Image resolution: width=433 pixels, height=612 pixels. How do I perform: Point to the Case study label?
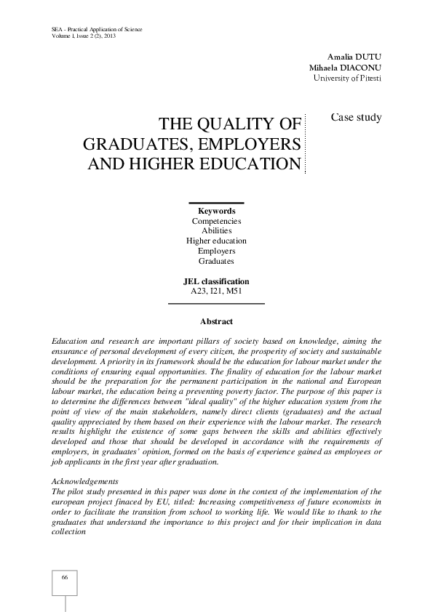(x=356, y=117)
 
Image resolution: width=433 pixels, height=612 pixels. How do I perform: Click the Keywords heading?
(x=216, y=211)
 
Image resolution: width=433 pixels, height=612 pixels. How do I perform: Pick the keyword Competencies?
(x=216, y=220)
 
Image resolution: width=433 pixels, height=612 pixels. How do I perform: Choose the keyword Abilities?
(x=216, y=230)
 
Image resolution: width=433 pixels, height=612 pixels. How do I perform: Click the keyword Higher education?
(x=216, y=241)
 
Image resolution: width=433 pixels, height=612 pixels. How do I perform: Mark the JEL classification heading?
(x=216, y=281)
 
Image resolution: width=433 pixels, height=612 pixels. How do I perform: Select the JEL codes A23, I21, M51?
(x=216, y=291)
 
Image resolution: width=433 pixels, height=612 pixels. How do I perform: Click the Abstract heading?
(x=216, y=321)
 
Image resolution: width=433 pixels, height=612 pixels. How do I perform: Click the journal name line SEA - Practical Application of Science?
(x=97, y=29)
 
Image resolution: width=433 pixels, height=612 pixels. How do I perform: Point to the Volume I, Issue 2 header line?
(x=84, y=36)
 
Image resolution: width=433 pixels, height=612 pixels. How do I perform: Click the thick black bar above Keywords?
(x=216, y=203)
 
